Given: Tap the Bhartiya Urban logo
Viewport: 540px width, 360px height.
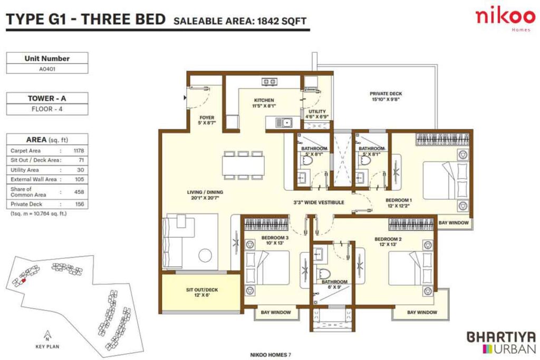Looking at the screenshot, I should point(501,342).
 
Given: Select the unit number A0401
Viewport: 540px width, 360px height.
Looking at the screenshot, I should point(47,68).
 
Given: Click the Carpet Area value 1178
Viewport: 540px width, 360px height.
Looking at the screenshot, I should point(80,150).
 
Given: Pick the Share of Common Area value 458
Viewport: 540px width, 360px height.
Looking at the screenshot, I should point(80,192).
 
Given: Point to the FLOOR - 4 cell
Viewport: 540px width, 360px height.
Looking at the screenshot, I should point(47,110).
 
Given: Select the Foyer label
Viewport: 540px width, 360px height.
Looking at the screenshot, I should point(206,121).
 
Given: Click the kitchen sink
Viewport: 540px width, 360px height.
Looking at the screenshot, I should point(287,123).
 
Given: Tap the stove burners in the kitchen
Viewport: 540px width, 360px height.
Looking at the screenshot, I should point(269,82).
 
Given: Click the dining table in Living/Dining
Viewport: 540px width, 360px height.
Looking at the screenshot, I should point(243,166).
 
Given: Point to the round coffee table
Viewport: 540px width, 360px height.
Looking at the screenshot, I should point(205,256).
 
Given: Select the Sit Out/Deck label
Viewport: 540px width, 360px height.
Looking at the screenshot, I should point(202,293).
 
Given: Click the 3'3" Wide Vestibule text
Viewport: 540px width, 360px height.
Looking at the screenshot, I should point(319,202).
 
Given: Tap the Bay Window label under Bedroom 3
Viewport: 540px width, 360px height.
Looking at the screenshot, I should point(276,313).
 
